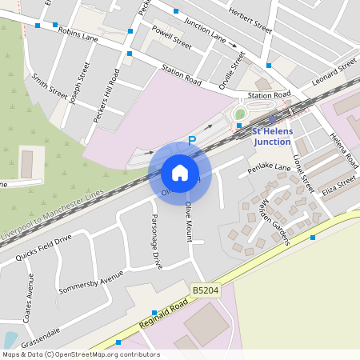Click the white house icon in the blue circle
click(x=180, y=173)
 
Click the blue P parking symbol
click(x=191, y=141)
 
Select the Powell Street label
click(x=171, y=40)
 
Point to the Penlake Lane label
click(x=269, y=170)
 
